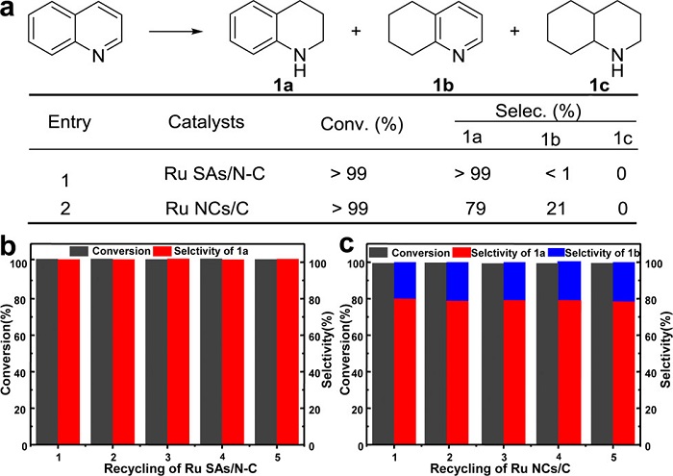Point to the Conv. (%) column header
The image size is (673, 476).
pyautogui.click(x=353, y=123)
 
